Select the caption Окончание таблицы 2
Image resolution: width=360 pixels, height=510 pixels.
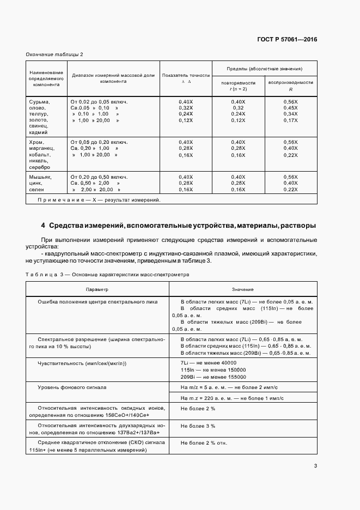[x=54, y=54]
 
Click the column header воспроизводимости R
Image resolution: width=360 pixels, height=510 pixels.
[x=290, y=85]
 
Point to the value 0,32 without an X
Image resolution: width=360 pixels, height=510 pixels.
[x=238, y=108]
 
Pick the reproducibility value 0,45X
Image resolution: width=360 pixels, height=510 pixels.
[x=290, y=108]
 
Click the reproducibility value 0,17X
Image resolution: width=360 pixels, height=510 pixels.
[x=290, y=120]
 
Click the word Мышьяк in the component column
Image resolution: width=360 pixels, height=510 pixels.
[x=40, y=177]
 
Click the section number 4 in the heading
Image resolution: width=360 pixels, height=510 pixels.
[x=43, y=226]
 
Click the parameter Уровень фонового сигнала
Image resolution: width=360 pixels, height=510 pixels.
[x=72, y=387]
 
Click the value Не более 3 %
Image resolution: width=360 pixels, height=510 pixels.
[x=198, y=426]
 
